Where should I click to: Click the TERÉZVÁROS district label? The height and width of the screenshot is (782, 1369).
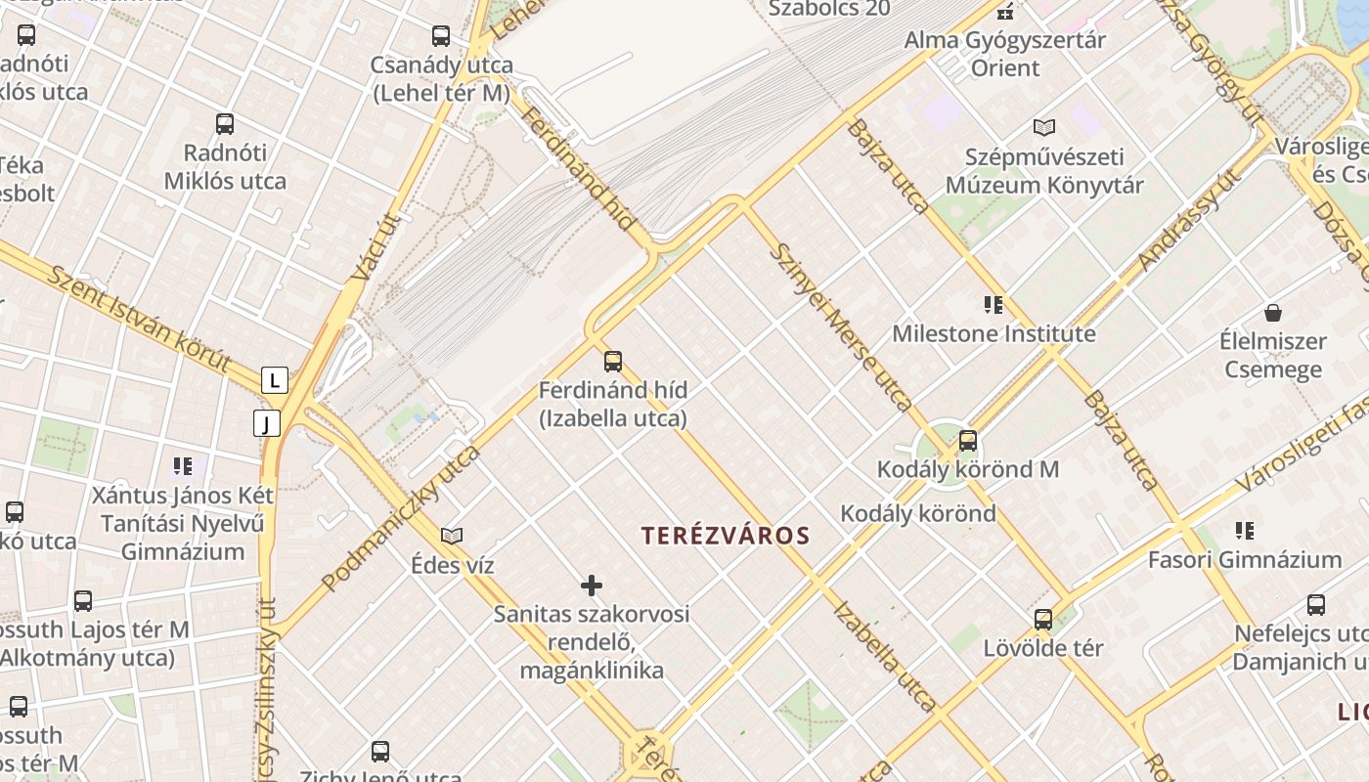pos(726,536)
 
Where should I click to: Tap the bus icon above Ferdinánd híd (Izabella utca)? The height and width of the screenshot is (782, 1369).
pos(613,362)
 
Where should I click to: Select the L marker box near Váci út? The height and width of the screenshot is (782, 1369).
pos(275,379)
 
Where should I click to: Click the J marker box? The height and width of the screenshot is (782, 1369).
pos(267,423)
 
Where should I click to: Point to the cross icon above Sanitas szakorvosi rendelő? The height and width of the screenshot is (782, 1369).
pos(592,586)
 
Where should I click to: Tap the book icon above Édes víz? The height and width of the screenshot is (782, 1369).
pos(452,536)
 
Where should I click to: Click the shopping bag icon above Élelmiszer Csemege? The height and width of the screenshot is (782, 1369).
pos(1273,313)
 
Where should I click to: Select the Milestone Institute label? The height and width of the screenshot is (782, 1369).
pos(994,334)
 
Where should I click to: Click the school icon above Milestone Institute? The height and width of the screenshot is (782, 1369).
pos(994,305)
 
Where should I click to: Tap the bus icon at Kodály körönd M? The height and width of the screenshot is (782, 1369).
pos(968,441)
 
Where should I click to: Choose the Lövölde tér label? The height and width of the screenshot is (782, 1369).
pos(1043,648)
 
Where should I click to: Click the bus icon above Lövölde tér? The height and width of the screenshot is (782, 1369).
pos(1043,620)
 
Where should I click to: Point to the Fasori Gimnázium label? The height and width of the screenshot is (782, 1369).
pos(1244,560)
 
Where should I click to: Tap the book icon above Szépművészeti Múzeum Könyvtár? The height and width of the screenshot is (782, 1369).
pos(1044,127)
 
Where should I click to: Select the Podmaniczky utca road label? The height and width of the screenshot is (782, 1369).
pos(401,519)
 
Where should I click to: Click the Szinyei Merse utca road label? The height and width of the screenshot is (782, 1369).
pos(840,326)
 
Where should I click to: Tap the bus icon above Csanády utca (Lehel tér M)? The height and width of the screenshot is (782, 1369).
pos(441,36)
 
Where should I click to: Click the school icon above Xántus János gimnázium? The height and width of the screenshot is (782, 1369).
pos(183,466)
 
